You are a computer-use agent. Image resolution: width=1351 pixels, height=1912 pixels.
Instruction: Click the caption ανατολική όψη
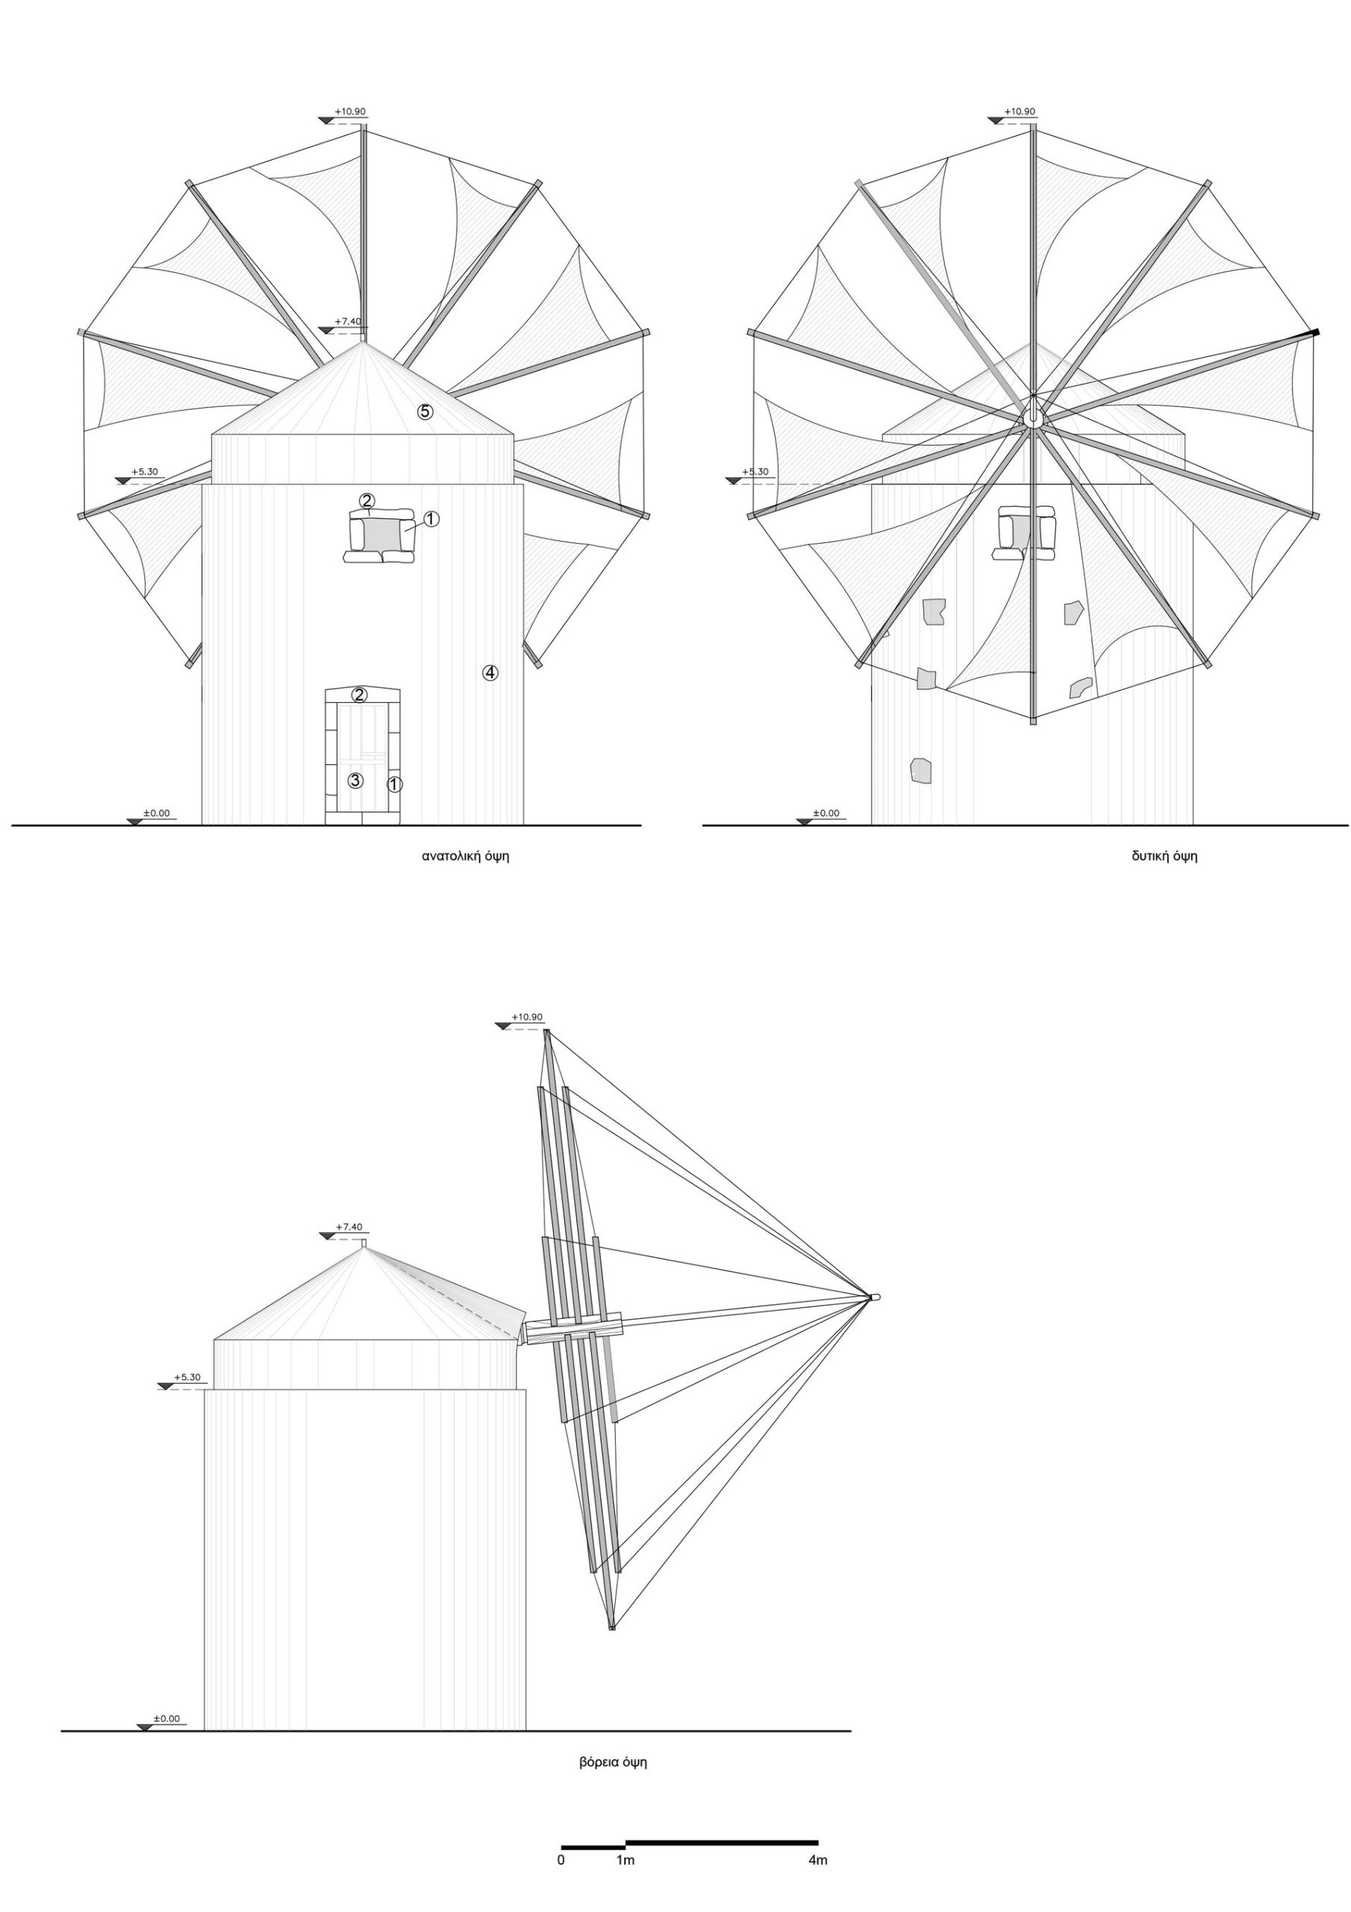[465, 857]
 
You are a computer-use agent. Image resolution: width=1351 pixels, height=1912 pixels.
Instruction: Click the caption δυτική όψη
[1164, 857]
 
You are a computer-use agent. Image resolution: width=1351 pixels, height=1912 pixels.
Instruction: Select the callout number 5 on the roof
[425, 411]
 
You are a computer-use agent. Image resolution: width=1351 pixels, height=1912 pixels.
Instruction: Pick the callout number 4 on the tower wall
[490, 672]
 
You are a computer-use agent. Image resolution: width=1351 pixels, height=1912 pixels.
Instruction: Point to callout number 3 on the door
[355, 780]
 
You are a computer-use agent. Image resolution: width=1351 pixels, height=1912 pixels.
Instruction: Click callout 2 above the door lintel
[360, 695]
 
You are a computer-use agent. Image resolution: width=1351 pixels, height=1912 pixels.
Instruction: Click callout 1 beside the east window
[431, 519]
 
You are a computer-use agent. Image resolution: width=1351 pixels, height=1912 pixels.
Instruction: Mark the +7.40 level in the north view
[349, 1226]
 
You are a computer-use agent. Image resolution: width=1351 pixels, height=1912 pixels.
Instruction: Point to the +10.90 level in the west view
[1020, 111]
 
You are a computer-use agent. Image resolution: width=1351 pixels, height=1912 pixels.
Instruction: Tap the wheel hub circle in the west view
[1032, 412]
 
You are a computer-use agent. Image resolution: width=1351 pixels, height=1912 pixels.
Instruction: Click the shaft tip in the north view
[874, 1297]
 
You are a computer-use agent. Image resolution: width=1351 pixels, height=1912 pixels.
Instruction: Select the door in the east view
[362, 756]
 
